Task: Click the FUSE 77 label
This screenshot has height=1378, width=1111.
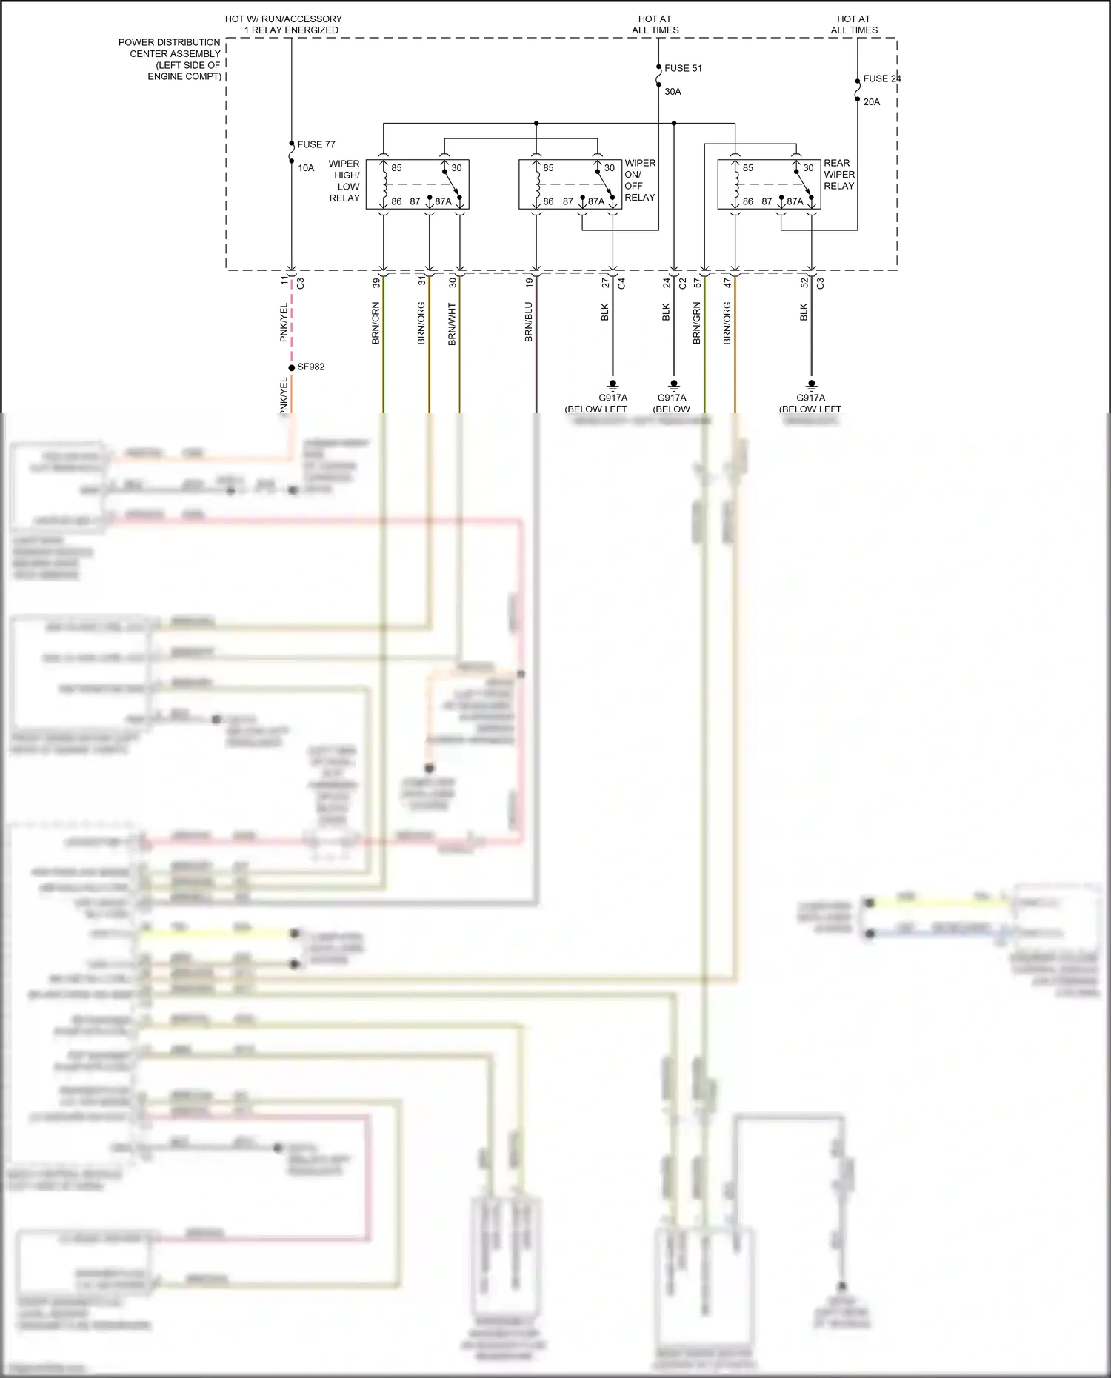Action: pos(316,144)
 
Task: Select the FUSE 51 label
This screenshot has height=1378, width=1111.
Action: pos(683,68)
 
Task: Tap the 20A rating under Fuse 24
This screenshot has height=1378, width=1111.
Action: pos(872,102)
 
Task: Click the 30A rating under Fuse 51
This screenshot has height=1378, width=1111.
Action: pos(673,92)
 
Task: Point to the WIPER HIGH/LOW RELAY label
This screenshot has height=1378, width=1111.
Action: pos(344,181)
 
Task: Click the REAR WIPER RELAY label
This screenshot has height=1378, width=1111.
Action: pos(839,174)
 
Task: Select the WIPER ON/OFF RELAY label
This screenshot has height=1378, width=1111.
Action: pos(640,180)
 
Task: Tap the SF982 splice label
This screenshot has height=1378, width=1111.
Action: pos(311,367)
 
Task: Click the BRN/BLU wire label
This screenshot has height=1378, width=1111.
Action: pos(529,321)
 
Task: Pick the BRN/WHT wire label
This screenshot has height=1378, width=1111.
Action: pos(452,324)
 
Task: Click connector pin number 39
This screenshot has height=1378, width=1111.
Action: pos(376,283)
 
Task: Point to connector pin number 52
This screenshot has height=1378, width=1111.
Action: pos(804,283)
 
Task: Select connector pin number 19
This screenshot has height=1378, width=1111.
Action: pos(529,283)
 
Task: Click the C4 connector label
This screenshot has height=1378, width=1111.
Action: pos(621,283)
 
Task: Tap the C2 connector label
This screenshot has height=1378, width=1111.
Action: pos(682,283)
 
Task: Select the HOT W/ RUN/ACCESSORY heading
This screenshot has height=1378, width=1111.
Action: pos(284,19)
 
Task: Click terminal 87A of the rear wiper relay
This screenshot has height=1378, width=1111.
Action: pos(795,201)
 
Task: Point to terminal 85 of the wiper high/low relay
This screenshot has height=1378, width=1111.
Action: pos(396,168)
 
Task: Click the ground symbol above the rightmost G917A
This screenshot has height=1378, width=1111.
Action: pos(811,385)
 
